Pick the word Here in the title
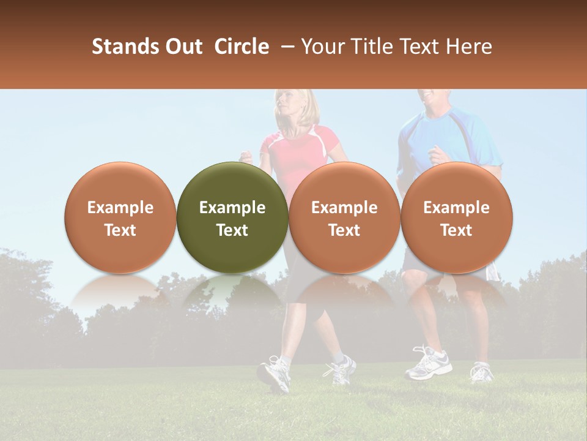point(470,47)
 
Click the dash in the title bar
point(288,47)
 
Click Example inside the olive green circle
point(232,208)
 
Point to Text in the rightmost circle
point(456,230)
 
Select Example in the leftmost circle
point(120,208)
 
